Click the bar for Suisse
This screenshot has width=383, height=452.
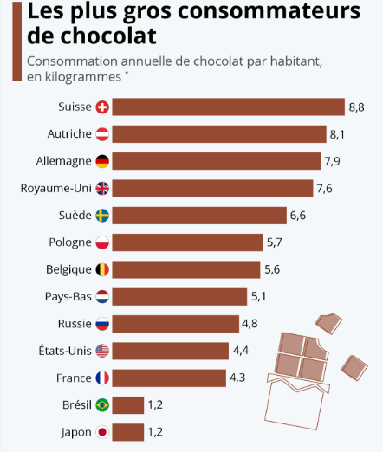coord(229,107)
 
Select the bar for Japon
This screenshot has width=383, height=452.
coord(128,432)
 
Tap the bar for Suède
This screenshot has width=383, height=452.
coord(199,216)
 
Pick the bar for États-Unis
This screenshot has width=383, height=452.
coord(170,351)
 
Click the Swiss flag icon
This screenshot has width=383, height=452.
coord(101,107)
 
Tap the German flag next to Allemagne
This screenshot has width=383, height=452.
coord(101,161)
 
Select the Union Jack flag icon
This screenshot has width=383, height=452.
coord(101,188)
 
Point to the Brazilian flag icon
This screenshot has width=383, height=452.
coord(101,404)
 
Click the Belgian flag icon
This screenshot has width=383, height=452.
coord(101,269)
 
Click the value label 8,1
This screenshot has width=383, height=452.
coord(339,134)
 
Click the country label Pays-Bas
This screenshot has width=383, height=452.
coord(68,296)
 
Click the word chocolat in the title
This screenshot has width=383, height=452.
coord(108,38)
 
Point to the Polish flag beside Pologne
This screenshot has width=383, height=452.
coord(101,242)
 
